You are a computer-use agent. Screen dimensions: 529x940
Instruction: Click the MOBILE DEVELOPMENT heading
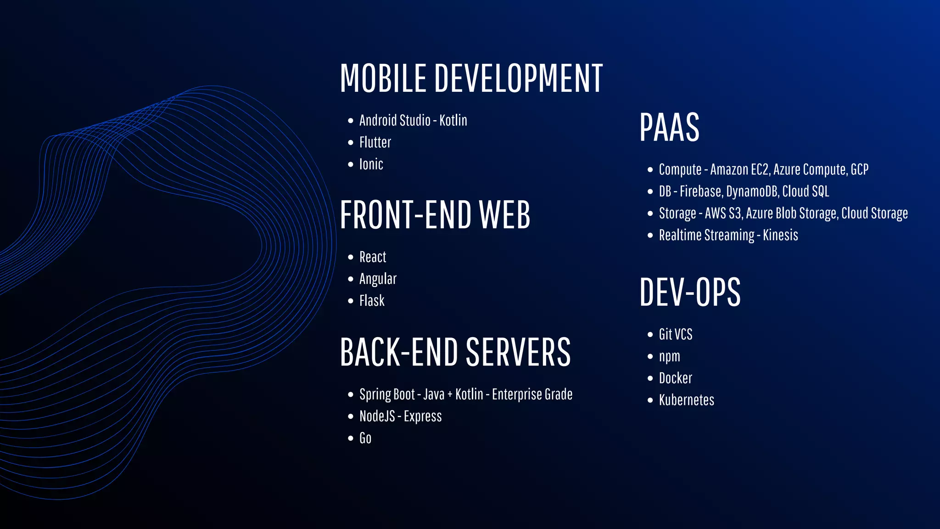[x=471, y=79]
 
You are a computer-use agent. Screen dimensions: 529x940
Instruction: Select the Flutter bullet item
[x=375, y=142]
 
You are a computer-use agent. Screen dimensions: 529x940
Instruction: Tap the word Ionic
[x=371, y=164]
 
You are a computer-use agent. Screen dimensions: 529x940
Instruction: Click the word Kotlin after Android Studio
[x=453, y=120]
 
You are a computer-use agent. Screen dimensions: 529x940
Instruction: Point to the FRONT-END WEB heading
[x=435, y=215]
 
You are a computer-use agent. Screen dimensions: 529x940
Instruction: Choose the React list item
[x=372, y=257]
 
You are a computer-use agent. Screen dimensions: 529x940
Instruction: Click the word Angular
[x=378, y=279]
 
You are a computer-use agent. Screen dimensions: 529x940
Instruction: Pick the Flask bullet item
[x=372, y=301]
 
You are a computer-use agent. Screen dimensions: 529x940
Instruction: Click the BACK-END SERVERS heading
[x=455, y=352]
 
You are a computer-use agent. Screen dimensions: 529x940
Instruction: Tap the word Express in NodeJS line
[x=423, y=416]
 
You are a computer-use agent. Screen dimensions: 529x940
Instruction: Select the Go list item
[x=365, y=438]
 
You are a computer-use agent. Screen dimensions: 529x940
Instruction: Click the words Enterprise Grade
[x=532, y=394]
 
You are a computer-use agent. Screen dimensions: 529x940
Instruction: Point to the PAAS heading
[x=669, y=128]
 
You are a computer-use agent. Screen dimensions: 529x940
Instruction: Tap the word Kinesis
[x=780, y=235]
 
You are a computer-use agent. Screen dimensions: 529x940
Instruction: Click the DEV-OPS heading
[x=690, y=293]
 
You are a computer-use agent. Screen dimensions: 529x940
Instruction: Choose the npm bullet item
[x=669, y=357]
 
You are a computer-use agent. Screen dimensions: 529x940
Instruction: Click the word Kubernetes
[x=686, y=400]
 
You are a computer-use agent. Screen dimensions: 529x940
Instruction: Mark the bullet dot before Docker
[x=650, y=378]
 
